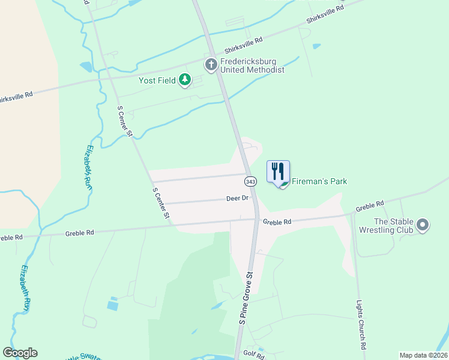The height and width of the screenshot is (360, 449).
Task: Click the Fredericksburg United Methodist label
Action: click(x=252, y=65)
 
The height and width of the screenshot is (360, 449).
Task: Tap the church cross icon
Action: click(x=211, y=64)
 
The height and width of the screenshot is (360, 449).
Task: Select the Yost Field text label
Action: click(x=158, y=80)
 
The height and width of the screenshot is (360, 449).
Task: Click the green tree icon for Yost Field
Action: click(x=185, y=79)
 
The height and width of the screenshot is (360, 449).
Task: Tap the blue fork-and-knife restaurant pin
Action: click(x=278, y=172)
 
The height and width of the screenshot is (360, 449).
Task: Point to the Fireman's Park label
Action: click(x=319, y=181)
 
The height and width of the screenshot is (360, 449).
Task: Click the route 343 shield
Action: click(x=250, y=181)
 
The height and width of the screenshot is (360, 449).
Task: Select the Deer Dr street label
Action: click(x=237, y=198)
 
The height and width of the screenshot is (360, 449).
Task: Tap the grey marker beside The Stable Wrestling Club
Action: click(x=423, y=225)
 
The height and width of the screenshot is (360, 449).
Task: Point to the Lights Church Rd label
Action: click(x=361, y=325)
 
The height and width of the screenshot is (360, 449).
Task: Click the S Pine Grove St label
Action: click(x=247, y=298)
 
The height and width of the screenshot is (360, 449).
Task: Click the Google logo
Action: click(x=20, y=353)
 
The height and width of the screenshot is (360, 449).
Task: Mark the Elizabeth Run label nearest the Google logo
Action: click(x=26, y=287)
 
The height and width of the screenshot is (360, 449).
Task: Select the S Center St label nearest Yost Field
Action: click(x=124, y=121)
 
